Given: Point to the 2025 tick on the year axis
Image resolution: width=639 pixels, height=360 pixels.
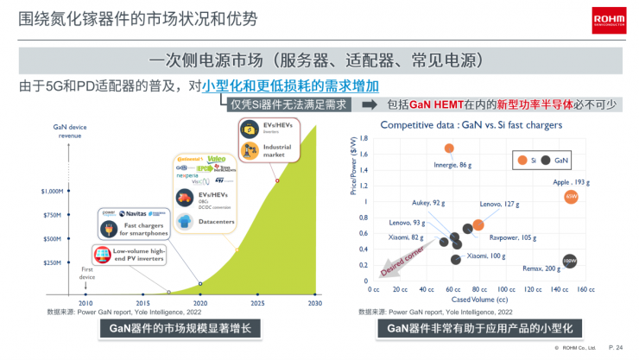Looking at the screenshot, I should point(257,303).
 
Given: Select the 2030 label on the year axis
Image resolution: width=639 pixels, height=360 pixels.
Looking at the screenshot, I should point(314,303).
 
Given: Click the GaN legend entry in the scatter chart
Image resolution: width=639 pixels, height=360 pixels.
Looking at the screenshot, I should point(555,161).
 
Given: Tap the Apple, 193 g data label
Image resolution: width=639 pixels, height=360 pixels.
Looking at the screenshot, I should point(570,182).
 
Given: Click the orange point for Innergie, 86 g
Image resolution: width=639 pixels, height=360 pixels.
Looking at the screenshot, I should point(449,148).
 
